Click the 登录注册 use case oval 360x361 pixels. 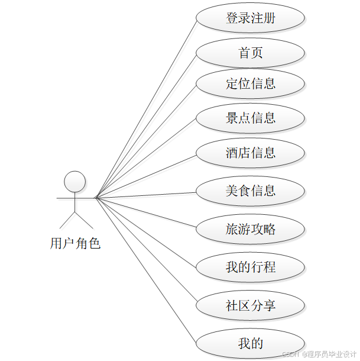250,18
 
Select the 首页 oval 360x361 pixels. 250,53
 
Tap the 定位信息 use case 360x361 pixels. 250,83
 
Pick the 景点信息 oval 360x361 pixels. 250,118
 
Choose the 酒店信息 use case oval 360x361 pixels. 250,153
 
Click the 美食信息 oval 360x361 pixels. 250,191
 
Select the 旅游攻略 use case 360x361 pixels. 250,229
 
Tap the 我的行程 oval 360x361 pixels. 250,267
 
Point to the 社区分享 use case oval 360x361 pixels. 250,305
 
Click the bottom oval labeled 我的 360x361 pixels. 250,343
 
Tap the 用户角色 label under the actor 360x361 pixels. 75,243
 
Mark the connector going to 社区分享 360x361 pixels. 146,252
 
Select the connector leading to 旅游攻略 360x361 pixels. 146,212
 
